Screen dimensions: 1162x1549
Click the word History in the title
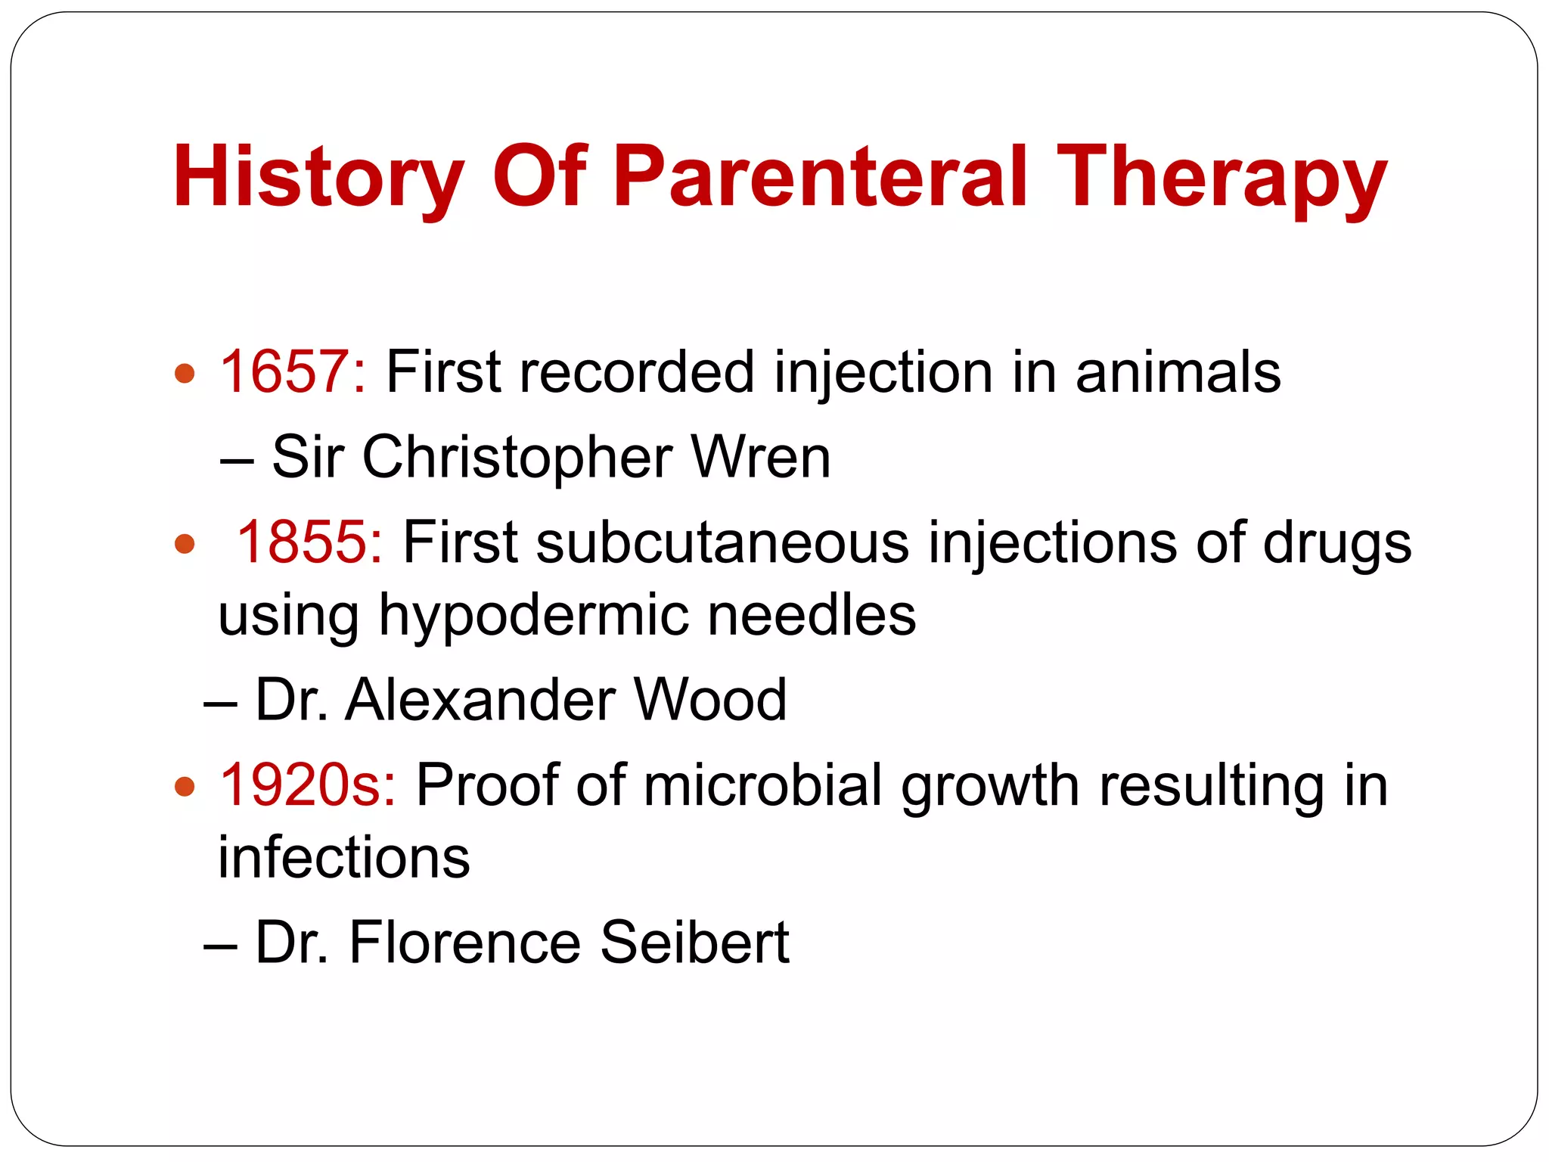click(318, 178)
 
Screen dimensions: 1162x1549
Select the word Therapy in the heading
click(1221, 178)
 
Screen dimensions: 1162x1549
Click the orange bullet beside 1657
click(185, 373)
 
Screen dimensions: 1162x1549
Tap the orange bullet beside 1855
click(185, 543)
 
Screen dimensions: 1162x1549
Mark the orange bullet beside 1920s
click(185, 787)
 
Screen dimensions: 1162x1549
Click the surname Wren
click(761, 458)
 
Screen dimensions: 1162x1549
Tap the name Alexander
click(480, 701)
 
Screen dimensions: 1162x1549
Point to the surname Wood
click(711, 701)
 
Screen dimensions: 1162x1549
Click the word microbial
click(763, 785)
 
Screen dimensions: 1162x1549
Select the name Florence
click(465, 943)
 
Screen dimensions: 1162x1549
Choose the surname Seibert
click(695, 943)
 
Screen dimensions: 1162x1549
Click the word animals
click(1178, 372)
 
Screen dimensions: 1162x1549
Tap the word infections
click(344, 858)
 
